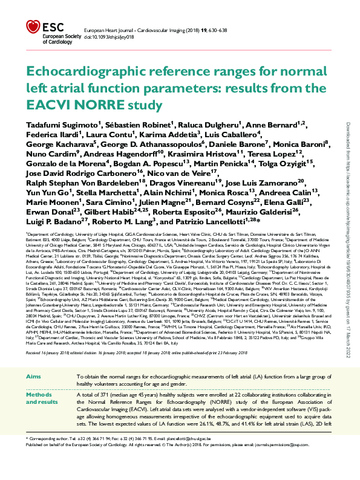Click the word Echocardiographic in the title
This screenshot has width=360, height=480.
tap(94, 73)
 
